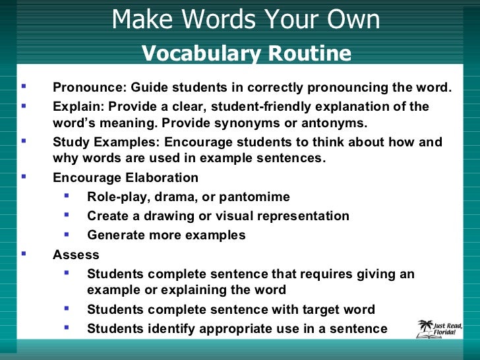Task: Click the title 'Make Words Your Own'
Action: coord(245,20)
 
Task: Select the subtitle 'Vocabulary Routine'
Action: coord(247,53)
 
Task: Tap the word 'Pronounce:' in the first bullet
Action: coord(90,88)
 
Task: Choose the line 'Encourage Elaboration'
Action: coord(125,178)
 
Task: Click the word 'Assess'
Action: coord(76,255)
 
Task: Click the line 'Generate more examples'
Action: coord(166,235)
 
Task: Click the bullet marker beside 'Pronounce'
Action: coord(24,86)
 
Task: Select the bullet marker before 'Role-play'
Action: coord(67,195)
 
